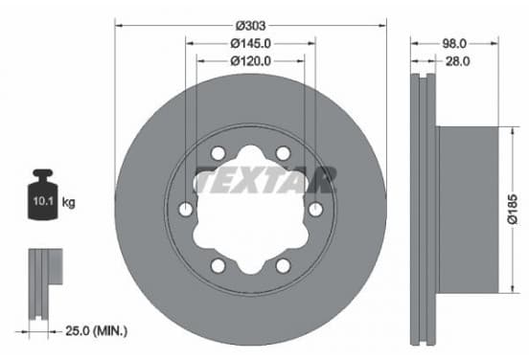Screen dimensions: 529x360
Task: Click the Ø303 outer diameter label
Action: [x=250, y=26]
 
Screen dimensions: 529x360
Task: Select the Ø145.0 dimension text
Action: [x=250, y=43]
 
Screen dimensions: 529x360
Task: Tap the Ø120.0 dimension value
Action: [x=250, y=61]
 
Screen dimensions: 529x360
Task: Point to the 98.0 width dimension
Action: [x=454, y=43]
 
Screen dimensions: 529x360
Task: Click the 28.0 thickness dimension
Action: [x=457, y=61]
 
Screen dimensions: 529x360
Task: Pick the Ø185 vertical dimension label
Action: [x=512, y=209]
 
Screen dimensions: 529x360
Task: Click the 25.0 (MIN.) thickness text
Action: [x=96, y=331]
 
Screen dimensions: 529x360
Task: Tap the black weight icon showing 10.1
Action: [x=43, y=194]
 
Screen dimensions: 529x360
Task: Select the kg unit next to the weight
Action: [x=69, y=203]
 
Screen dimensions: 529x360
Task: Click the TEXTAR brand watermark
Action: [x=264, y=180]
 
